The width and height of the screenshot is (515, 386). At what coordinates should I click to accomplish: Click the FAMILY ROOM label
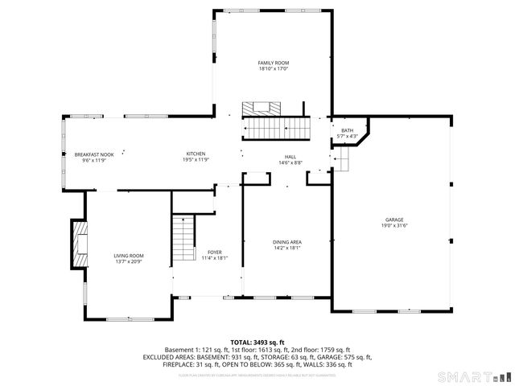273,63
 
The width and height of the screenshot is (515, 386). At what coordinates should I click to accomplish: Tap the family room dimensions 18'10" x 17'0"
273,69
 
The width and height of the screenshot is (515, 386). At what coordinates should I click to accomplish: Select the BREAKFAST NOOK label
94,154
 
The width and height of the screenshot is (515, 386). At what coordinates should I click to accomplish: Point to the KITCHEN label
196,154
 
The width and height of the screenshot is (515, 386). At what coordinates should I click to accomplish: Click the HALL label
290,157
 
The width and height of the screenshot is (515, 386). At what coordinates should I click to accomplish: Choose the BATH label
347,130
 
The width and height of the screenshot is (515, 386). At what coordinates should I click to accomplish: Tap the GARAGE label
393,220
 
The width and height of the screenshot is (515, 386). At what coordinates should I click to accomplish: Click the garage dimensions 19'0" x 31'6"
393,226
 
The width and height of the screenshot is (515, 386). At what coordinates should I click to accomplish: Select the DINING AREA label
286,241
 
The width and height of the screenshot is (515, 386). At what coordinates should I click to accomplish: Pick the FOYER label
215,252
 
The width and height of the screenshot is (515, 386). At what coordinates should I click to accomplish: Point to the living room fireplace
80,244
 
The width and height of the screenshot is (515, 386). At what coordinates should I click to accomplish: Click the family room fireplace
261,107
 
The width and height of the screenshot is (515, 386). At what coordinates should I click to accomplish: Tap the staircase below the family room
277,127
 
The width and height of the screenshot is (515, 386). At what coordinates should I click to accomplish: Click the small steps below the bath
342,163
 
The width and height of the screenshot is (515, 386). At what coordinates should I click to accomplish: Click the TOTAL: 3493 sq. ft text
257,342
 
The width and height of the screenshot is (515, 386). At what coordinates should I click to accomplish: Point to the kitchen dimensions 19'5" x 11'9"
196,160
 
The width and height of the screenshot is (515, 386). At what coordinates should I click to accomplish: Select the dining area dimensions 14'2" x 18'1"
286,248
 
